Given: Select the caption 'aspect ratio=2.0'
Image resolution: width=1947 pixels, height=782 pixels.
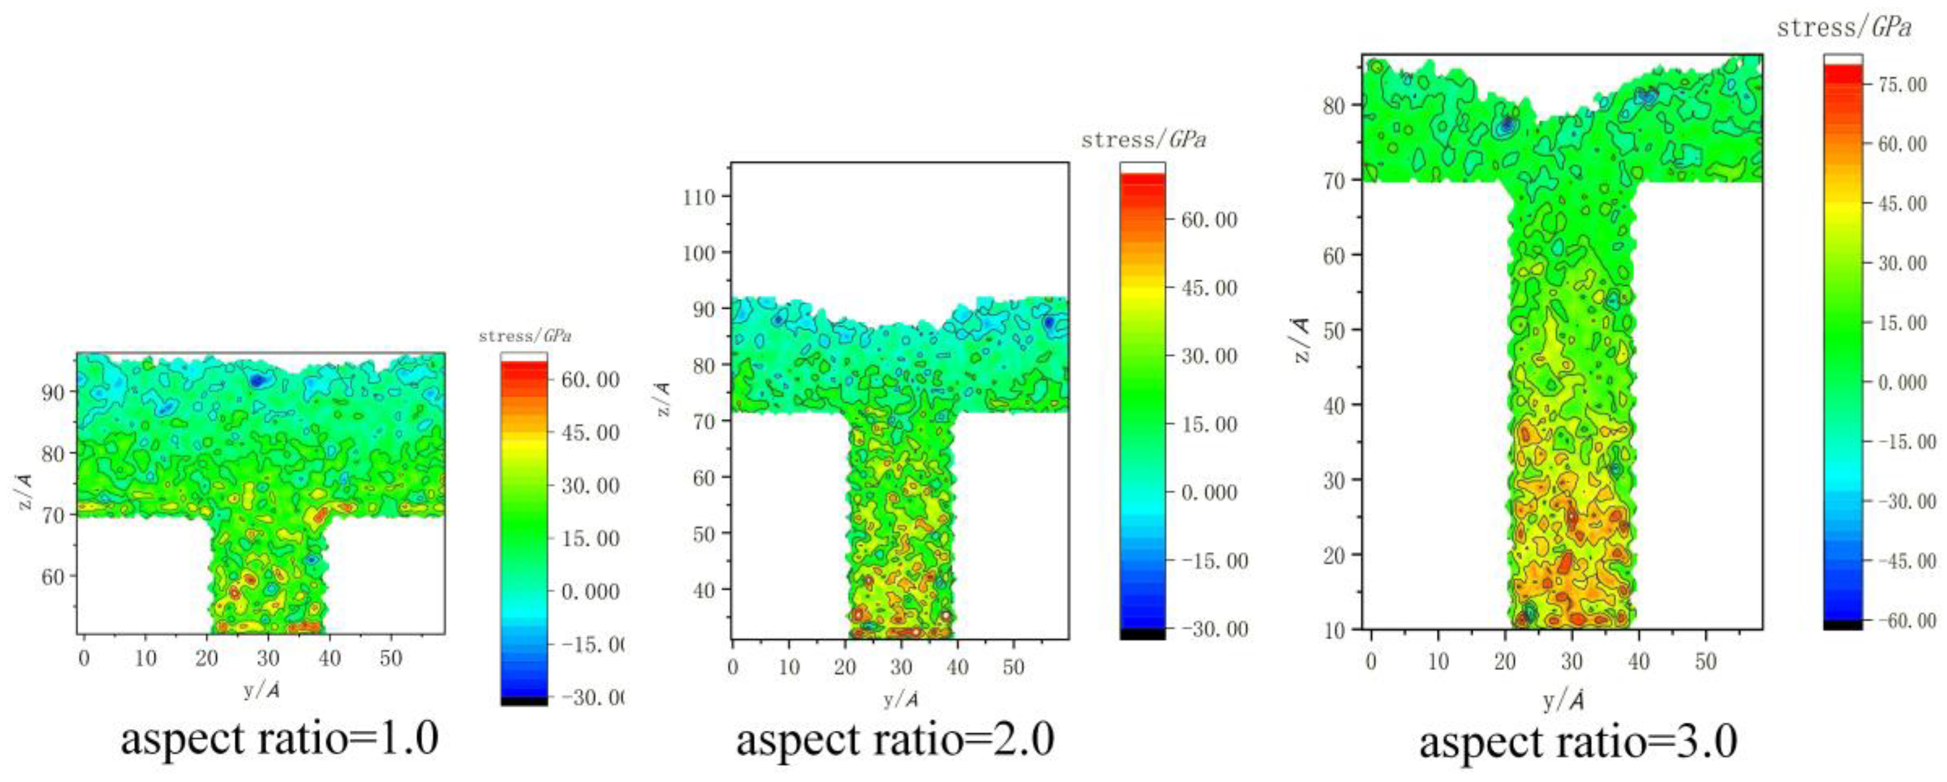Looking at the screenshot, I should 895,740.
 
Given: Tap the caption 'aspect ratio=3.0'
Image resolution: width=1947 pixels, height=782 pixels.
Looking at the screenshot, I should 1578,742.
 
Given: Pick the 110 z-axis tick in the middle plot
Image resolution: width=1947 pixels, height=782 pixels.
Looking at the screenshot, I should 698,197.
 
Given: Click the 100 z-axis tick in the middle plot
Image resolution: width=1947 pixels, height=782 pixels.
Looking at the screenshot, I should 698,253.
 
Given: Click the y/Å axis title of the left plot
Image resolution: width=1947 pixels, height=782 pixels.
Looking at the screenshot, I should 261,691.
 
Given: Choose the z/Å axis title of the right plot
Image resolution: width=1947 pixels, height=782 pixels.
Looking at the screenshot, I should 1302,341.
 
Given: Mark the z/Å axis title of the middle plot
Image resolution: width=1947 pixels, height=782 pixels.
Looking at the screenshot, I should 662,399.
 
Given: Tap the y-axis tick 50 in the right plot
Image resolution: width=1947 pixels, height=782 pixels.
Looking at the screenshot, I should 1705,662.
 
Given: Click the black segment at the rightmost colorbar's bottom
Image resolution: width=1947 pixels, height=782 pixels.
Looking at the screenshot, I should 1843,625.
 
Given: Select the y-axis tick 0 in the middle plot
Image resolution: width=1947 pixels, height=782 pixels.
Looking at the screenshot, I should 732,667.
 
